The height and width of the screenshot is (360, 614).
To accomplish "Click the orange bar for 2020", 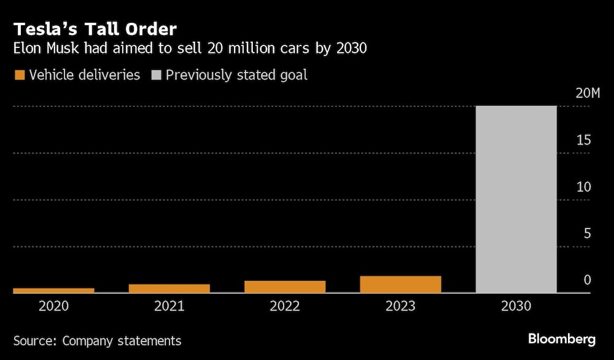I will click(54, 290).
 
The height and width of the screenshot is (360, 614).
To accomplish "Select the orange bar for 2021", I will click(169, 288).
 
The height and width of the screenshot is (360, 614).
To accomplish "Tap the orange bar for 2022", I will click(285, 286).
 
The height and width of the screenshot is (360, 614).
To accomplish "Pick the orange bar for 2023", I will click(400, 284).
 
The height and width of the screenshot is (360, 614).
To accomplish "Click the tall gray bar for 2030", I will click(516, 199).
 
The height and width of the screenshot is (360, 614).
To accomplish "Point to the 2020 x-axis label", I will click(54, 306).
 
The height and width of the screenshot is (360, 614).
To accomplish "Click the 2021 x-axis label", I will click(169, 306).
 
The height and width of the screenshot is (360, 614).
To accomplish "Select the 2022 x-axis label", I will click(285, 306).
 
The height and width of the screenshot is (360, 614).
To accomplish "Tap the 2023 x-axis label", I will click(400, 306).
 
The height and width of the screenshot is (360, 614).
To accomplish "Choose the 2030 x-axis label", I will click(516, 306).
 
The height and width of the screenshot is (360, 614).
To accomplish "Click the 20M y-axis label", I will click(587, 93).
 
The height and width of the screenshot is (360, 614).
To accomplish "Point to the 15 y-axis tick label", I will click(583, 140).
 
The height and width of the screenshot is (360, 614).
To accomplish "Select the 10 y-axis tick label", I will click(583, 187).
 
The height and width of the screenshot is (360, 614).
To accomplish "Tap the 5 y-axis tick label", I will click(587, 233).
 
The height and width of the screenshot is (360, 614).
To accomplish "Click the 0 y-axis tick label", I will click(587, 280).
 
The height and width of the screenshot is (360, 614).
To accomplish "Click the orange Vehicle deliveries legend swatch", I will click(20, 76).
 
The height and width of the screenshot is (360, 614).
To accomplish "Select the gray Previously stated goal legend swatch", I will click(156, 76).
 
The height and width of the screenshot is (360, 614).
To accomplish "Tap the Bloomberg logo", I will click(562, 338).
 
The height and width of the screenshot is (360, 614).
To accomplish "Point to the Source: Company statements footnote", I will click(98, 340).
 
